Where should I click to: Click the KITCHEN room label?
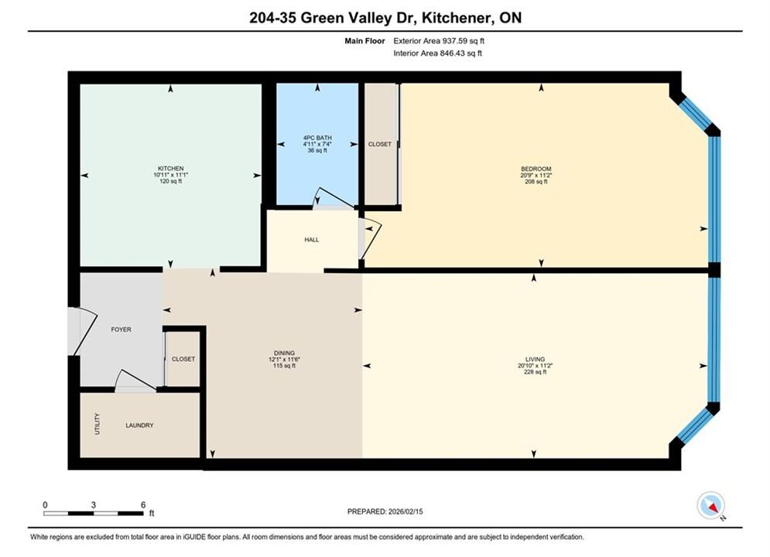point(170,169)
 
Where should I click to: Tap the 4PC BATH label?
point(317,138)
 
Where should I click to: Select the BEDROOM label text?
point(536,169)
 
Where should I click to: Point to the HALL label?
point(311,240)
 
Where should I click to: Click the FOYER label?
point(121,330)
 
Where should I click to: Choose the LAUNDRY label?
point(139,425)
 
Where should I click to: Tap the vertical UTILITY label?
point(98,424)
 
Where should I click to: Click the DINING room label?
point(284,353)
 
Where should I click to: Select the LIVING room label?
point(535,359)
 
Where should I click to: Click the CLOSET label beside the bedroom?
point(380,145)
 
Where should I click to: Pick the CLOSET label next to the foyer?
point(183,359)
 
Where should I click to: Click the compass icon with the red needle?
point(710,505)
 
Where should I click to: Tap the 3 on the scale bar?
point(94,505)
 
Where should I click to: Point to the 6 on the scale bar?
point(143,505)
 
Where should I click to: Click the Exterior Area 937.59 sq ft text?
point(439,41)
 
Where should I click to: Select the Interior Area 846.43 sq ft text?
point(437,53)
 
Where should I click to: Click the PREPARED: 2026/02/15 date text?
point(385,511)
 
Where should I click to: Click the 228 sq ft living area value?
point(535,372)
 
